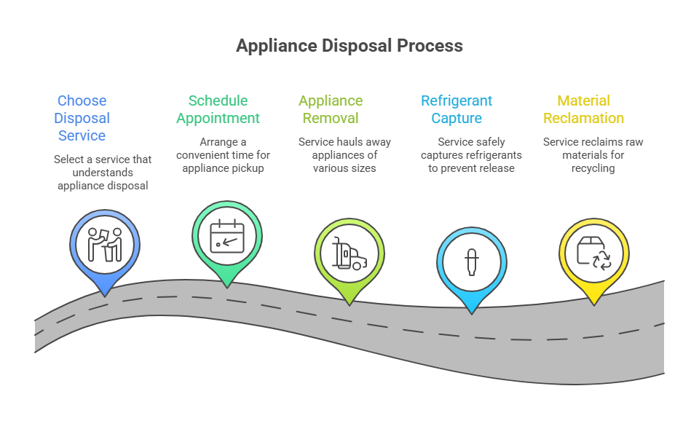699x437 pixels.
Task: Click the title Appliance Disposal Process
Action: [349, 45]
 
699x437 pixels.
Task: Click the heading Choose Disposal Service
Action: [82, 118]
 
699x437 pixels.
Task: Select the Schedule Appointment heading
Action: [218, 109]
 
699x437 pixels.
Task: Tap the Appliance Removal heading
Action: [331, 109]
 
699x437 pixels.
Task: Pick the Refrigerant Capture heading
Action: [457, 109]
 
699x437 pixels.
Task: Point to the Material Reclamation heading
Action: [583, 109]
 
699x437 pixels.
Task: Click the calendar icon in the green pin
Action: [226, 236]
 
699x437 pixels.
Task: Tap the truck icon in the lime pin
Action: [349, 253]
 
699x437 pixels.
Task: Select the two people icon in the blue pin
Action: [105, 245]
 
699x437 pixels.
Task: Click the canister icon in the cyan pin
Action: [472, 261]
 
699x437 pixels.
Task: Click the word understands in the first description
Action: [103, 172]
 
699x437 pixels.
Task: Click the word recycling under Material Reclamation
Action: [593, 168]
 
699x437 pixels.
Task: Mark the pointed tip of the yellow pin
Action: [593, 304]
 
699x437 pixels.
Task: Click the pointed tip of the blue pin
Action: [105, 296]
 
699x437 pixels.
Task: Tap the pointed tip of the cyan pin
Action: [472, 313]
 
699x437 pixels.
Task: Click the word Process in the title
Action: [430, 45]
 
